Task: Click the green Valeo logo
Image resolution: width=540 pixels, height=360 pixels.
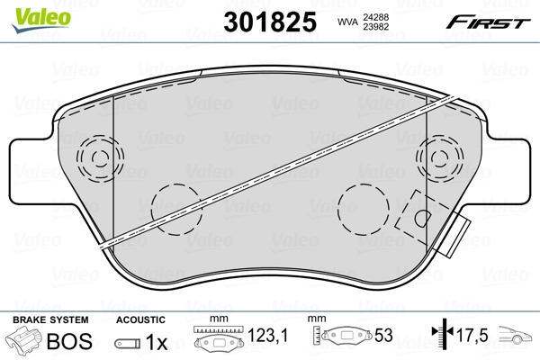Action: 41,19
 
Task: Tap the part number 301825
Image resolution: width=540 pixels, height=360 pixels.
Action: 270,22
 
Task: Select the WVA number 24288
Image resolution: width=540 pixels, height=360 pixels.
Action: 375,17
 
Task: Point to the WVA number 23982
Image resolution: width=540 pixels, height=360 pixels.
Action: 375,27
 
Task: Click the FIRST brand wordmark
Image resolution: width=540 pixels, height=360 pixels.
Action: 488,22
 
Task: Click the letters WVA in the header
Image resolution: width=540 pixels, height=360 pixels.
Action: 347,22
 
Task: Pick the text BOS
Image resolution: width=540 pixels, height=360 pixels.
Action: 69,341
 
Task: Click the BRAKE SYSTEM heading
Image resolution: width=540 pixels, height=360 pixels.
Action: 50,319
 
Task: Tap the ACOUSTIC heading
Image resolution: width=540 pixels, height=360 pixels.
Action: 140,319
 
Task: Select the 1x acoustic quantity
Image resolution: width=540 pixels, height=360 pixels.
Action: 157,342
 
